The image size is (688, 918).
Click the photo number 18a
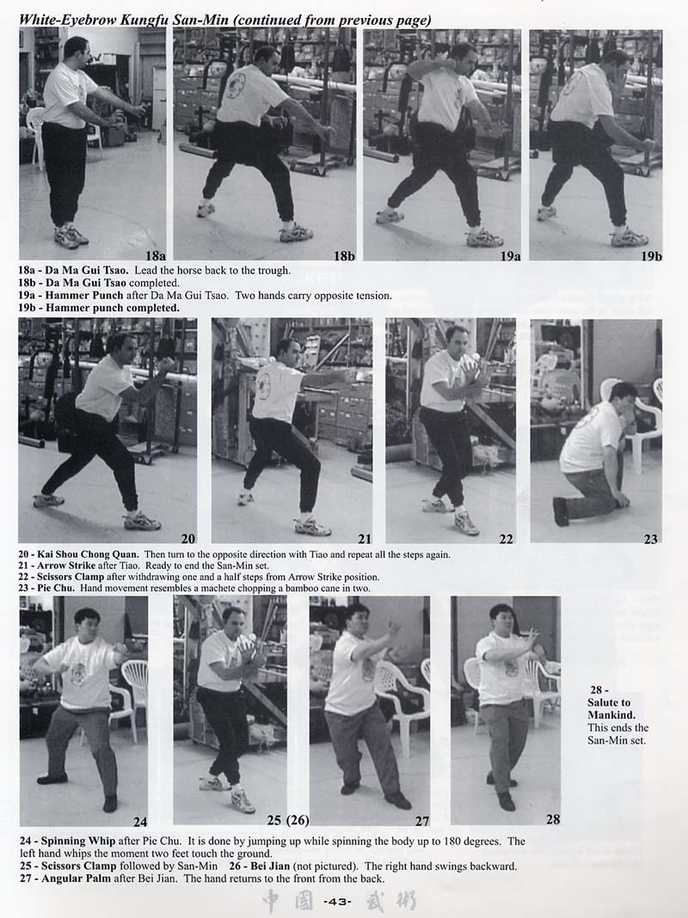155,256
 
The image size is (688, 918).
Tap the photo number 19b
651,256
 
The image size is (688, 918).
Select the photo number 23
650,539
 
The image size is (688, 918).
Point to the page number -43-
337,902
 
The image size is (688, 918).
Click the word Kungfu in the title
144,20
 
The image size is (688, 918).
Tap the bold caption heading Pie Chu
56,588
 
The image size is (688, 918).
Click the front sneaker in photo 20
142,522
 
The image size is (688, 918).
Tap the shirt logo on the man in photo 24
78,674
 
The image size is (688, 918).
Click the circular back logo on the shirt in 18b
236,85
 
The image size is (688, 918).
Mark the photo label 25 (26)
288,820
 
